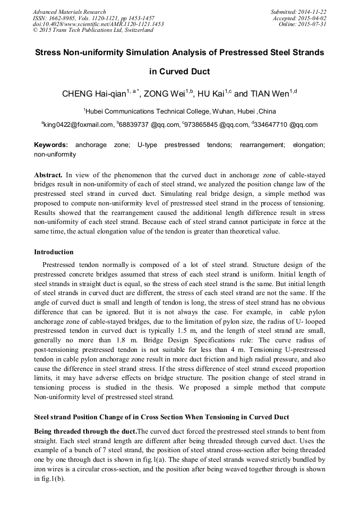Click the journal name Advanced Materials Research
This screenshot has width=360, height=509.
[69, 12]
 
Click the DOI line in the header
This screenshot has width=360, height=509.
[98, 24]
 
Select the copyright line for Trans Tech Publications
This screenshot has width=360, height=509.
[93, 30]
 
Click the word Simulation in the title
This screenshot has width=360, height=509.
[147, 53]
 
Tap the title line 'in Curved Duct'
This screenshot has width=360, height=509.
[179, 72]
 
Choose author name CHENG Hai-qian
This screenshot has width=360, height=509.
[94, 94]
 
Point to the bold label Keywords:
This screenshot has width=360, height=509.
[51, 145]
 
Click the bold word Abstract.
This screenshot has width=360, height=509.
[48, 175]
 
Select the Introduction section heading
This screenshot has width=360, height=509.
[54, 252]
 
